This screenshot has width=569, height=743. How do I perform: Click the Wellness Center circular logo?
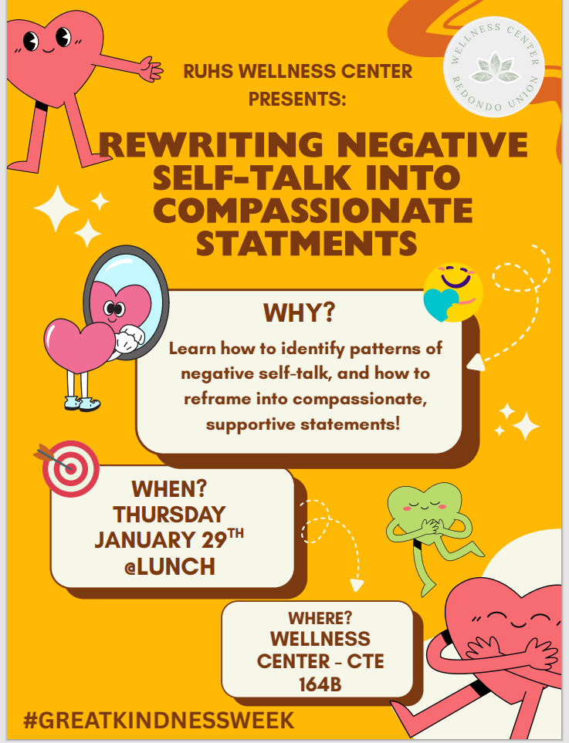coord(493,66)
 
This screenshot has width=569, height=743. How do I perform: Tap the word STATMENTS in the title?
coord(307,244)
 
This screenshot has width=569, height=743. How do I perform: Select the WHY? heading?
coord(300,312)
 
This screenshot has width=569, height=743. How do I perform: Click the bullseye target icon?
coord(69,468)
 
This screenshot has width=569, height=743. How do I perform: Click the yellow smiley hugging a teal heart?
coord(453,292)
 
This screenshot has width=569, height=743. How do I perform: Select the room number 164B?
coord(320,684)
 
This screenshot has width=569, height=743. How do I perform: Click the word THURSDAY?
coord(169,515)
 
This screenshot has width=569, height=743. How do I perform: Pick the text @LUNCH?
coord(170,567)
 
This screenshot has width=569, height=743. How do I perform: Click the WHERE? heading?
coord(320,618)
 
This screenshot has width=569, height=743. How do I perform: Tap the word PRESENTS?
coord(297,99)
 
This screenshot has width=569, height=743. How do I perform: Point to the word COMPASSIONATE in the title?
coord(313,211)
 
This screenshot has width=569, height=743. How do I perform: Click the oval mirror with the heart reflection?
coord(126,302)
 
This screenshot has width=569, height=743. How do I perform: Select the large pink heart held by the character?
coord(80,346)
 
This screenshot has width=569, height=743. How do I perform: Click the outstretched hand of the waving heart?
coord(151,69)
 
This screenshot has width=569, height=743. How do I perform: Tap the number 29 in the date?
coord(214,540)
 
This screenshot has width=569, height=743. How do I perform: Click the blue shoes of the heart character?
coord(83,404)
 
